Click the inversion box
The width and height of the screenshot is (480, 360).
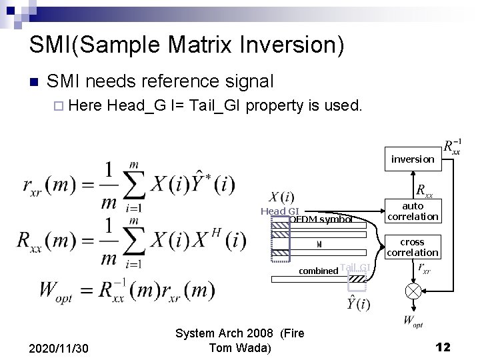(x=412, y=159)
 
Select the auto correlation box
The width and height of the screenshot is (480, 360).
(x=413, y=211)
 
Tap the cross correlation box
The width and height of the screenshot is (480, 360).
(x=413, y=247)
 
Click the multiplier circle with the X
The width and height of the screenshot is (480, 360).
(x=413, y=290)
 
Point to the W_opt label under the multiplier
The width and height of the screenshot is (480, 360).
(x=413, y=321)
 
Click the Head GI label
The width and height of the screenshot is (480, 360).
(x=279, y=211)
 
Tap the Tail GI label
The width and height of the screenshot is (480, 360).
(x=354, y=268)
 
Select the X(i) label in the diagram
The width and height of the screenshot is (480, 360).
(x=281, y=197)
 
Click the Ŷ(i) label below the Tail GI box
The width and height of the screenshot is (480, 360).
(x=358, y=305)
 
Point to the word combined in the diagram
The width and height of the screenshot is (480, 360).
(x=318, y=271)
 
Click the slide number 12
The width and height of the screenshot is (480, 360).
(x=443, y=347)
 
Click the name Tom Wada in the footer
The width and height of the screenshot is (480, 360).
(x=240, y=347)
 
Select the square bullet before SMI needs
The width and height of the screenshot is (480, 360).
(x=33, y=82)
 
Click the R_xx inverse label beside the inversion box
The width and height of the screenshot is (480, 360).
(x=453, y=147)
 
